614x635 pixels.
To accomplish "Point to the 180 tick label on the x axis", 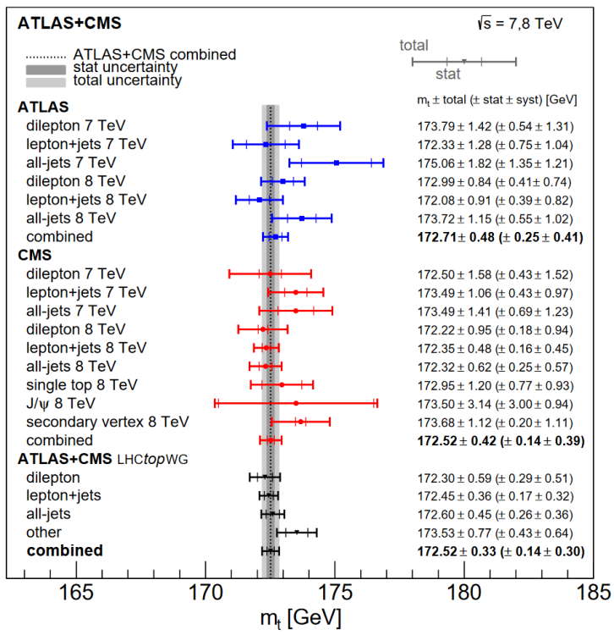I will tap(463, 591).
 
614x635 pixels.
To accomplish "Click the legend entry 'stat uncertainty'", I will tap(124, 68).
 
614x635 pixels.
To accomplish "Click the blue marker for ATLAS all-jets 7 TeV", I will tap(337, 162).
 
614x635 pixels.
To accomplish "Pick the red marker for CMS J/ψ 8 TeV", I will tap(295, 403).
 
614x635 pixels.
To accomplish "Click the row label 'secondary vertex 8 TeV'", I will tap(107, 422).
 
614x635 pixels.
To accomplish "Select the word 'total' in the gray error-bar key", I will tap(414, 46).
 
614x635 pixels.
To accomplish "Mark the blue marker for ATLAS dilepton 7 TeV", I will tap(304, 125).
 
